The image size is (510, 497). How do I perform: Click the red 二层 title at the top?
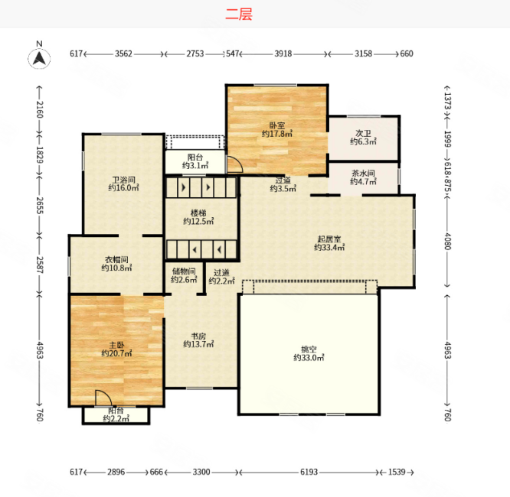(239, 15)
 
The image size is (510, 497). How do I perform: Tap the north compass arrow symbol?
(39, 58)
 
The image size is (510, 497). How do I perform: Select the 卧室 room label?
(277, 125)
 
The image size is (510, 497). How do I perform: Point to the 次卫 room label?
(363, 133)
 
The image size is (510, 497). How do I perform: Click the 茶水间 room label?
(363, 173)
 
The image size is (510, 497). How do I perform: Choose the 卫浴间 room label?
(123, 180)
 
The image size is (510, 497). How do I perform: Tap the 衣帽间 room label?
(116, 259)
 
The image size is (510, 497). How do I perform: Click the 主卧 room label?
(116, 345)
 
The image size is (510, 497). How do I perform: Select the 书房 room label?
(198, 336)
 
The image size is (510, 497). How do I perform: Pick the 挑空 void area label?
(309, 349)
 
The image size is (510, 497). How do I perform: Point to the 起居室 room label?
(329, 239)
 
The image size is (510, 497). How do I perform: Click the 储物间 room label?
(184, 271)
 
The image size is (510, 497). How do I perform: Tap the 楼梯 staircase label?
(198, 213)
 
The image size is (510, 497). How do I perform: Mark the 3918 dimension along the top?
(283, 54)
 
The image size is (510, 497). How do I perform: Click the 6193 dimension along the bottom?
(309, 472)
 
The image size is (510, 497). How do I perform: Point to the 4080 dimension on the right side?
(447, 241)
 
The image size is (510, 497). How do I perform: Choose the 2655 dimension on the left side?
(39, 205)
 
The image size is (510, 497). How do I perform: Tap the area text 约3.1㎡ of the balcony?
(195, 166)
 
